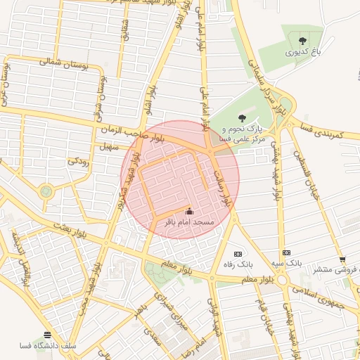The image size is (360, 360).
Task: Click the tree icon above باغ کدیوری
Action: coord(302,40)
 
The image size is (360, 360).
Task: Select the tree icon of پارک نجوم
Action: coord(243,118)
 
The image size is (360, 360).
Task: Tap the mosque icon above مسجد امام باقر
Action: coord(188,211)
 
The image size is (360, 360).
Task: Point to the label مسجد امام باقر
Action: coord(188,222)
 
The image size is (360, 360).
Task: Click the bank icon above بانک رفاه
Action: coord(238,254)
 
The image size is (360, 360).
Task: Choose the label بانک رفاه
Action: coord(238,265)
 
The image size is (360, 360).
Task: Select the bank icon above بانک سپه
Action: coord(286,252)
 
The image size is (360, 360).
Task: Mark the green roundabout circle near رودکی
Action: coord(46,191)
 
